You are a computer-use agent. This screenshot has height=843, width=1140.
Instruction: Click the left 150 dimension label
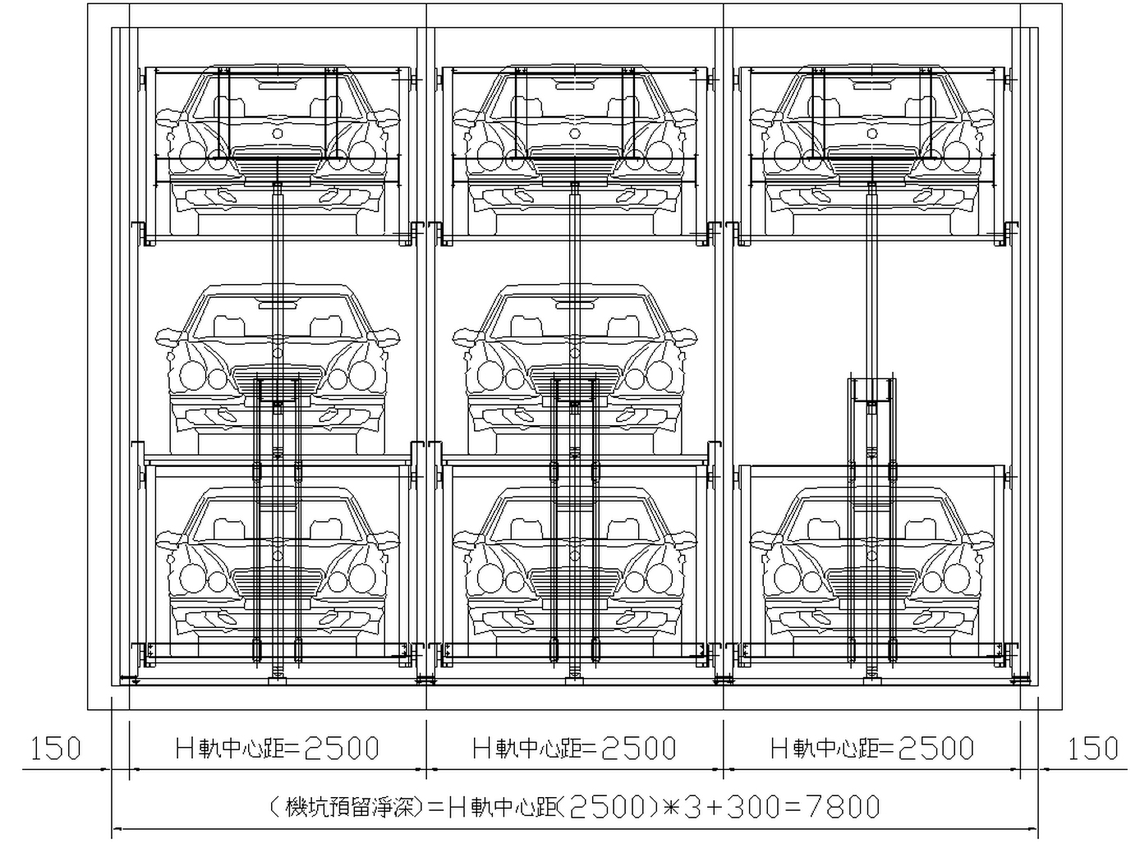(57, 749)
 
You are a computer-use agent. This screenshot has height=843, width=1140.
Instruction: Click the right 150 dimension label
(1093, 749)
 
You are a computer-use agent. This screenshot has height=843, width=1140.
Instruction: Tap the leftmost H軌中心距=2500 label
(278, 749)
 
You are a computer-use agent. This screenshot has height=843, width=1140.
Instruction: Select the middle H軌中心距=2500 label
(575, 749)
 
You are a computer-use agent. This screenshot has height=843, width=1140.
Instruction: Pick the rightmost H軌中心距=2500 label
(872, 749)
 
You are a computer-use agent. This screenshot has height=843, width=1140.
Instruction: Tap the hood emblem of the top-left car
(278, 134)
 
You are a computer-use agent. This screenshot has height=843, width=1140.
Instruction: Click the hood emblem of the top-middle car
(575, 134)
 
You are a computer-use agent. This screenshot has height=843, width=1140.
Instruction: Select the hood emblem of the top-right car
(871, 134)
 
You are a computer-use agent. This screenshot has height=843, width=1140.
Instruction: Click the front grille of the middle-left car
(278, 381)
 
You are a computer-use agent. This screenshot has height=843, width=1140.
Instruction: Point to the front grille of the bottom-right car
(871, 584)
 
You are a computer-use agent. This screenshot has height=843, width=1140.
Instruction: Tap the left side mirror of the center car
(466, 336)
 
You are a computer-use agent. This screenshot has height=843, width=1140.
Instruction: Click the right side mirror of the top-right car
(980, 117)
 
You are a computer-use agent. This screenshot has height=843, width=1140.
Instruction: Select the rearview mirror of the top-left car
(278, 86)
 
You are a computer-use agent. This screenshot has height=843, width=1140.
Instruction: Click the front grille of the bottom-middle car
(575, 584)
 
